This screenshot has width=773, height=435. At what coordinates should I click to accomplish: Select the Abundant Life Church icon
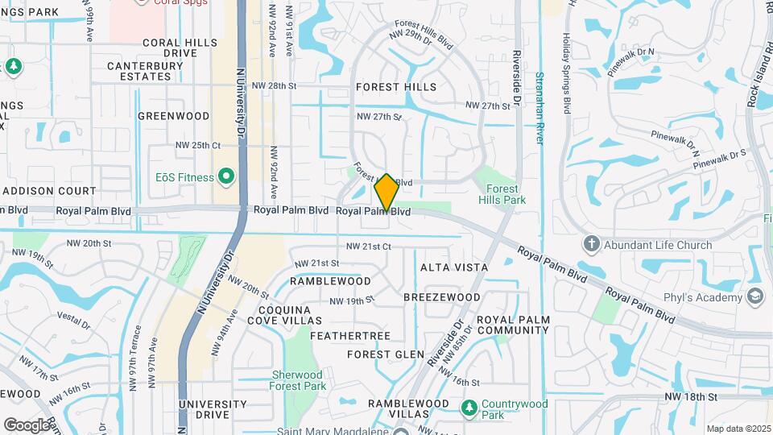pos(591,244)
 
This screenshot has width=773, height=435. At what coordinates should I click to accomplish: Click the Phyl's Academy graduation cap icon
pos(755,297)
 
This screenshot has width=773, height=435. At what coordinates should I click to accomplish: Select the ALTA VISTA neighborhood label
pos(454,267)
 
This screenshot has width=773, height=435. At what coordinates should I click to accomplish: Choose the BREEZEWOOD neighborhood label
pos(442,297)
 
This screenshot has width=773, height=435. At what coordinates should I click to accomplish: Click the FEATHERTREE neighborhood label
pos(350,335)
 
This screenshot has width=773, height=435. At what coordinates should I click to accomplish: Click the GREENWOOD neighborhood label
pos(173,116)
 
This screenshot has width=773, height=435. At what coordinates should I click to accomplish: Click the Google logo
pos(27,425)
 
